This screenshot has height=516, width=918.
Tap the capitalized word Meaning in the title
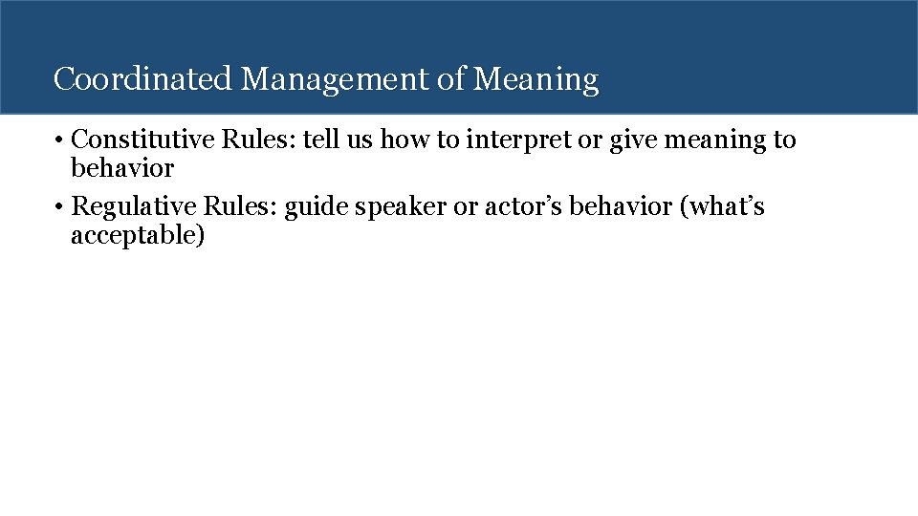point(536,79)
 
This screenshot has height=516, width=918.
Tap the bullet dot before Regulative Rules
point(59,207)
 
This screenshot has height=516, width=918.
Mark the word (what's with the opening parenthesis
point(722,206)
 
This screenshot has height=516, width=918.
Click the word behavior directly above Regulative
point(122,169)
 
